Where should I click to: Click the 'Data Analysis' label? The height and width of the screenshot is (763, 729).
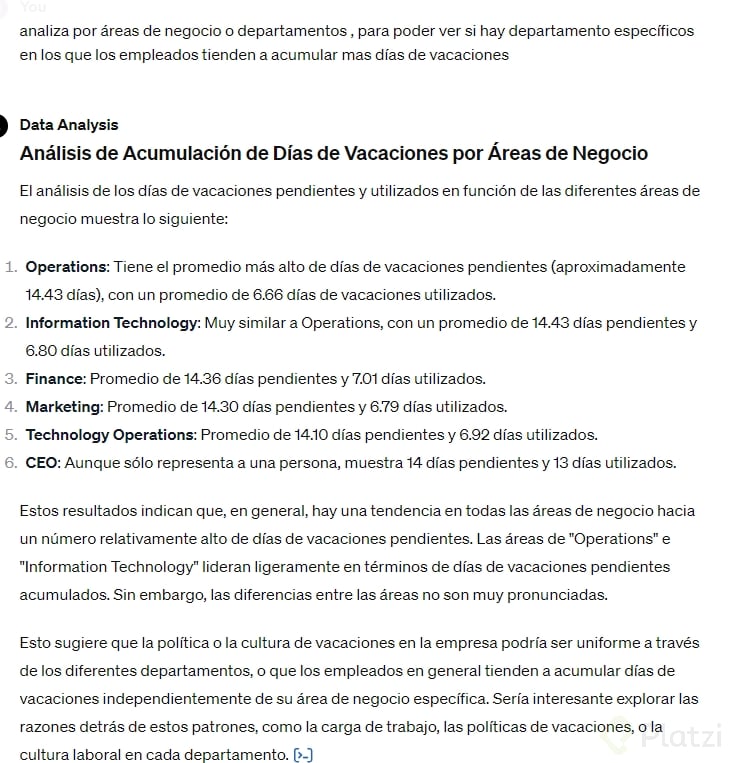[x=68, y=125]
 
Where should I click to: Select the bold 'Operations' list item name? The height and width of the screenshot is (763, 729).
[x=66, y=267]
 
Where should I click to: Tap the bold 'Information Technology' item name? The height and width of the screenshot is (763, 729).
[x=112, y=323]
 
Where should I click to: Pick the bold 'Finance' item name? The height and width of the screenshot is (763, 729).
[x=55, y=379]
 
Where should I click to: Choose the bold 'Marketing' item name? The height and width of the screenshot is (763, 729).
[x=64, y=407]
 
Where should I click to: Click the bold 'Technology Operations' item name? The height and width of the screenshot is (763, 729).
[x=110, y=435]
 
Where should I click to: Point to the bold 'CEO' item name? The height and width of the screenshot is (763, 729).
[x=43, y=463]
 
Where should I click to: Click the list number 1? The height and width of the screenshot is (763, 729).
[x=10, y=267]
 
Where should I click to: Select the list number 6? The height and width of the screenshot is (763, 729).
[x=10, y=463]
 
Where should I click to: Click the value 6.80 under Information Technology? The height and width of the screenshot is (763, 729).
[x=45, y=351]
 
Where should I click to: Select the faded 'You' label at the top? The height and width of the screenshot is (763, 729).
[x=33, y=7]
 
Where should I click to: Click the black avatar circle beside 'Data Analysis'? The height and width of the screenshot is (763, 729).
[x=3, y=125]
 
